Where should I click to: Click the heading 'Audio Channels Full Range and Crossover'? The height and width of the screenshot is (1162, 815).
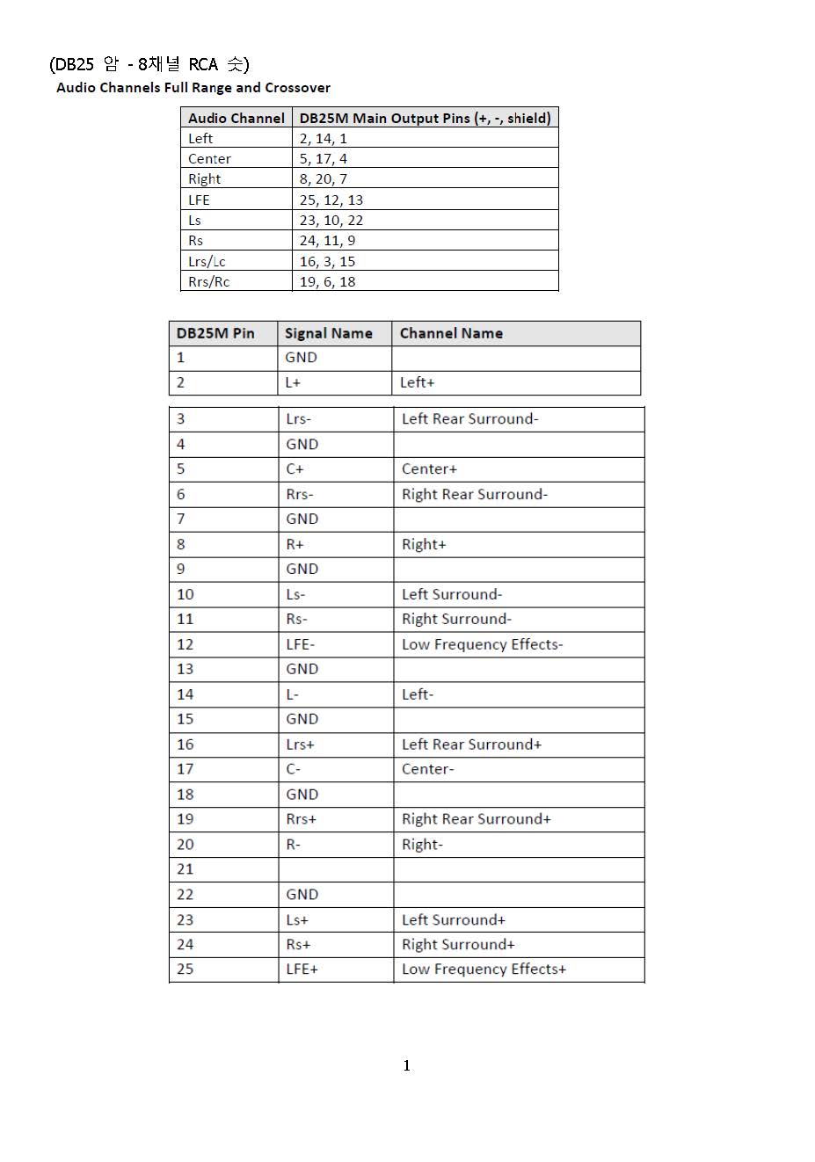pyautogui.click(x=193, y=88)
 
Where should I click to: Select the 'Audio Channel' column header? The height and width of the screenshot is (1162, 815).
pyautogui.click(x=236, y=118)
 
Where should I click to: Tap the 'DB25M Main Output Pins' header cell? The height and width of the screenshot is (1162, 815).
pyautogui.click(x=425, y=118)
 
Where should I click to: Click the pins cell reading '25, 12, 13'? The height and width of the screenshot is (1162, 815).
pyautogui.click(x=331, y=200)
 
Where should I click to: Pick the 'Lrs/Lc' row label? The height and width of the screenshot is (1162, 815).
pyautogui.click(x=207, y=261)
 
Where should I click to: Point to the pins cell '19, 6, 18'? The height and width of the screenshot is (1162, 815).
pyautogui.click(x=328, y=281)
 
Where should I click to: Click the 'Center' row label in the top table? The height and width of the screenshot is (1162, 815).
pyautogui.click(x=209, y=159)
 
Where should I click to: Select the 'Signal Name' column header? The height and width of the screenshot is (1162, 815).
pyautogui.click(x=329, y=333)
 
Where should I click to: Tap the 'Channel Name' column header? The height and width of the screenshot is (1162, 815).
pyautogui.click(x=451, y=333)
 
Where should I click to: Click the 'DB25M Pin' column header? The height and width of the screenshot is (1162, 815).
pyautogui.click(x=215, y=333)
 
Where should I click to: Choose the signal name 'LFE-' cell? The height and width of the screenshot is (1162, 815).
pyautogui.click(x=301, y=644)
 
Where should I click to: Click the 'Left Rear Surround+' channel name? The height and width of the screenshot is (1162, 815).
pyautogui.click(x=471, y=744)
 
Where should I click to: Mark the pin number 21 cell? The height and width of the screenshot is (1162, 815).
pyautogui.click(x=186, y=869)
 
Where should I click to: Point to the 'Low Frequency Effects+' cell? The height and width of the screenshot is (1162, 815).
pyautogui.click(x=484, y=970)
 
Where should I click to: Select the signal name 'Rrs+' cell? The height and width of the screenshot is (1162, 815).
pyautogui.click(x=302, y=819)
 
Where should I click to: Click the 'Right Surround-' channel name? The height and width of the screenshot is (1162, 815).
pyautogui.click(x=456, y=619)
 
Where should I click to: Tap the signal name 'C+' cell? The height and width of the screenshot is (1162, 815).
pyautogui.click(x=295, y=469)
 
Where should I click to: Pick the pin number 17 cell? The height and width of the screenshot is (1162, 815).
pyautogui.click(x=186, y=769)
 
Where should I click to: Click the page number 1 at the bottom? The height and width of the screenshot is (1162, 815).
pyautogui.click(x=406, y=1065)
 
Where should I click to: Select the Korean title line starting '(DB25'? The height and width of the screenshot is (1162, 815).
pyautogui.click(x=149, y=64)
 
